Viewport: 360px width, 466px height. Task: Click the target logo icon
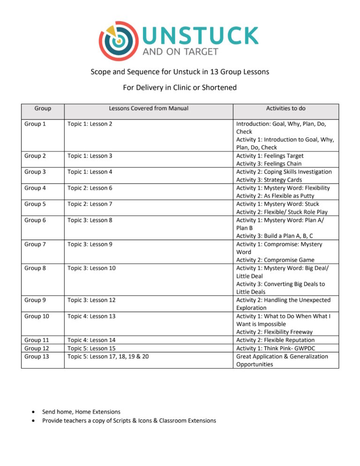click(x=119, y=41)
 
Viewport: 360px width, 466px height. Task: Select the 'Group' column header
click(x=43, y=108)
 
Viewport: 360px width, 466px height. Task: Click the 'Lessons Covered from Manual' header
click(x=149, y=108)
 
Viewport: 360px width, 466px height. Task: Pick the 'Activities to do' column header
click(x=285, y=108)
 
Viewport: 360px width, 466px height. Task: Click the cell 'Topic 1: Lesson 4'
click(x=90, y=172)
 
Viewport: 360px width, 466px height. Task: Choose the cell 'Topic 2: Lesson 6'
click(x=90, y=188)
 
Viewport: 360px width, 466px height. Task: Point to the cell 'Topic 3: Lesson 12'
click(x=91, y=300)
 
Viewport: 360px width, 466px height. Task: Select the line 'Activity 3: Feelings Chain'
click(x=269, y=164)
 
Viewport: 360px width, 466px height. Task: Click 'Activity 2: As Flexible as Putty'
click(x=275, y=196)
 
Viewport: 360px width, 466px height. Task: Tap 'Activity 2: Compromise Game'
click(x=275, y=260)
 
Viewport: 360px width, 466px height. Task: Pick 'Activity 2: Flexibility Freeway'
click(x=275, y=332)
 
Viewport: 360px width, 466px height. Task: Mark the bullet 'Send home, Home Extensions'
click(x=81, y=412)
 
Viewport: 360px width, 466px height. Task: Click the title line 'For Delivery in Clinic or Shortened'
click(x=180, y=88)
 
